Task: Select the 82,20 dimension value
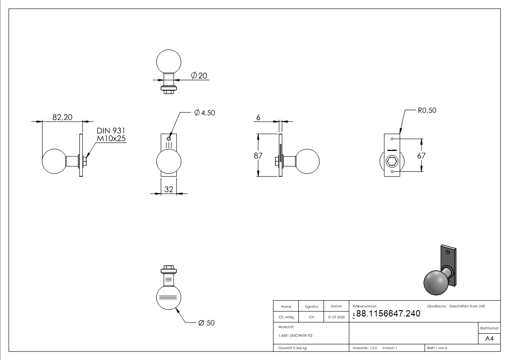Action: [62, 117]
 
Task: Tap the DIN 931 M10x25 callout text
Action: [111, 135]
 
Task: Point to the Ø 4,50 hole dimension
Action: [204, 113]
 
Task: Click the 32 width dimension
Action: [169, 189]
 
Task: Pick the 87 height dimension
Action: [258, 155]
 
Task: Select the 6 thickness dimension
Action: [258, 117]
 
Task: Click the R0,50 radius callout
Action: [427, 110]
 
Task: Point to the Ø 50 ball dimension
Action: [206, 323]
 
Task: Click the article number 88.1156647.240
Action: [388, 313]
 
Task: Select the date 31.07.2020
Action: [336, 317]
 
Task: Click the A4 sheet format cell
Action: [490, 339]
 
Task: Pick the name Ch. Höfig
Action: [286, 317]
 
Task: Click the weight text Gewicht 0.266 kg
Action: [292, 348]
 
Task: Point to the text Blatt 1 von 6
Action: [437, 348]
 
